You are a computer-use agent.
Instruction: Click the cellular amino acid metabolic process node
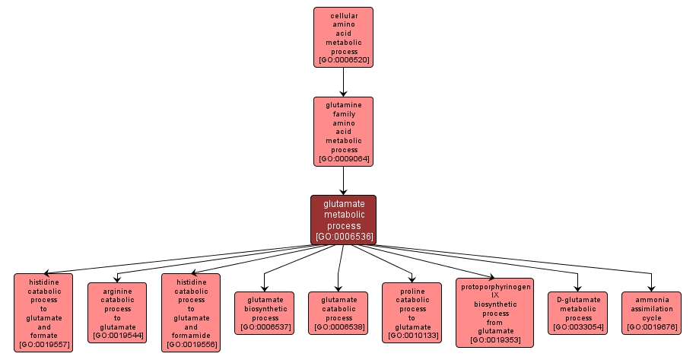(x=343, y=37)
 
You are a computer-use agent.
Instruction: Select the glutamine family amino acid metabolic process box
(x=343, y=131)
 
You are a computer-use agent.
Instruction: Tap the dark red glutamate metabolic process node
(x=343, y=219)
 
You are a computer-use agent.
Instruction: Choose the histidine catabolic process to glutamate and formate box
(x=43, y=312)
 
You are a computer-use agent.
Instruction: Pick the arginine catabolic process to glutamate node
(x=117, y=312)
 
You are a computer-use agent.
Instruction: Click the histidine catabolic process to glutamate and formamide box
(x=191, y=312)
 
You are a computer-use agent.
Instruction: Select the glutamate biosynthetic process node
(x=265, y=312)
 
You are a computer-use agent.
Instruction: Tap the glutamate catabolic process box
(x=338, y=312)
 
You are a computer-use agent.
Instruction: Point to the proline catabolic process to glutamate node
(x=412, y=312)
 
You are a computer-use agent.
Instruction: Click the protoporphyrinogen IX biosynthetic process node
(x=494, y=312)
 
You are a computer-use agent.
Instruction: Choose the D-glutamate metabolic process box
(x=578, y=312)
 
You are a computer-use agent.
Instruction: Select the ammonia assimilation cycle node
(x=651, y=312)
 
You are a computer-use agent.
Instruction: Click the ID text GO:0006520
(x=344, y=59)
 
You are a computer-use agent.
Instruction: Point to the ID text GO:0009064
(x=344, y=158)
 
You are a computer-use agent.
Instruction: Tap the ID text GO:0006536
(x=344, y=237)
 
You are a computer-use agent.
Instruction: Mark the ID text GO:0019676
(x=651, y=327)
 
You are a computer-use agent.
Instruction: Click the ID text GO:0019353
(x=494, y=339)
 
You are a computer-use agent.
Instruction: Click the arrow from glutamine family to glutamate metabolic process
(x=343, y=180)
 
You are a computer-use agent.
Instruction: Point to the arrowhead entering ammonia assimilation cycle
(x=651, y=287)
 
